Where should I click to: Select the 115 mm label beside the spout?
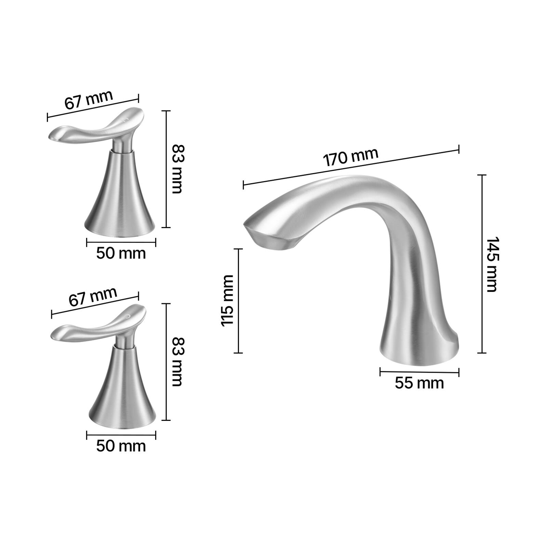click(x=227, y=300)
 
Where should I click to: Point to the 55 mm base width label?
click(x=419, y=383)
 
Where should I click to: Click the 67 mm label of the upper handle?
click(x=89, y=99)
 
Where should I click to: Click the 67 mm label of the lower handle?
click(x=93, y=297)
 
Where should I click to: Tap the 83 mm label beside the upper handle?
click(x=177, y=169)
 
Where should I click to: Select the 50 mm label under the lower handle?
click(x=121, y=446)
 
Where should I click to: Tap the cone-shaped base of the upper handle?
click(x=120, y=202)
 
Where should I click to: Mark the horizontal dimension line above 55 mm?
click(x=419, y=372)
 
